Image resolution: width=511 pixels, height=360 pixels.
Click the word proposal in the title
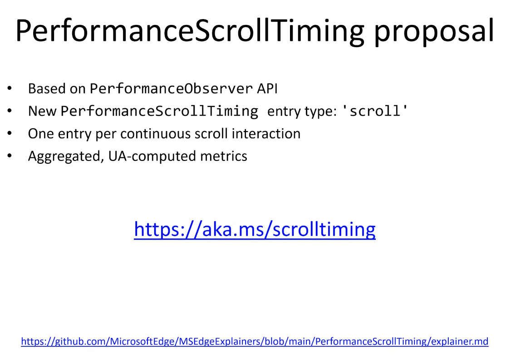coord(434,31)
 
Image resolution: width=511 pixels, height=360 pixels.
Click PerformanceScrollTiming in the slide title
coord(189,30)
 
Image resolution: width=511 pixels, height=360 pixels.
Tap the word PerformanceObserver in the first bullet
coord(171,88)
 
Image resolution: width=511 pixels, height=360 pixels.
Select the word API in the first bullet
coord(267,88)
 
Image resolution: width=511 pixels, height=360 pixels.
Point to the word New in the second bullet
coord(42,111)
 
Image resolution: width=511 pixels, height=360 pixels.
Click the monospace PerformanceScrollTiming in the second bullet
coord(159,111)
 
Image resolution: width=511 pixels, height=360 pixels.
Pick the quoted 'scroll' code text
coord(375,111)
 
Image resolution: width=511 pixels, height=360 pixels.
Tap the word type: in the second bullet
coord(320,112)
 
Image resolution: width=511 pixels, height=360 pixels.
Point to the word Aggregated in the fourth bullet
coord(66,156)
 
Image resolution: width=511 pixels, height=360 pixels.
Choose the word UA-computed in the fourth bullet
coord(152,156)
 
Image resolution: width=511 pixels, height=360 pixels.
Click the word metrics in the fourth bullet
coord(224,156)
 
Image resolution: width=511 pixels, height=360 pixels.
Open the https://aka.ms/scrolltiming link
coord(255,229)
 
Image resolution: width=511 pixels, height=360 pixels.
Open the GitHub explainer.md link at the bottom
coord(255,341)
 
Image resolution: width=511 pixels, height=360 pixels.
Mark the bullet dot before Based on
coord(10,88)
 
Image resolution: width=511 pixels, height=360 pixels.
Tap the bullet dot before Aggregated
coord(10,156)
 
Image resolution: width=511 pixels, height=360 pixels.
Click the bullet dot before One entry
coord(10,133)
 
